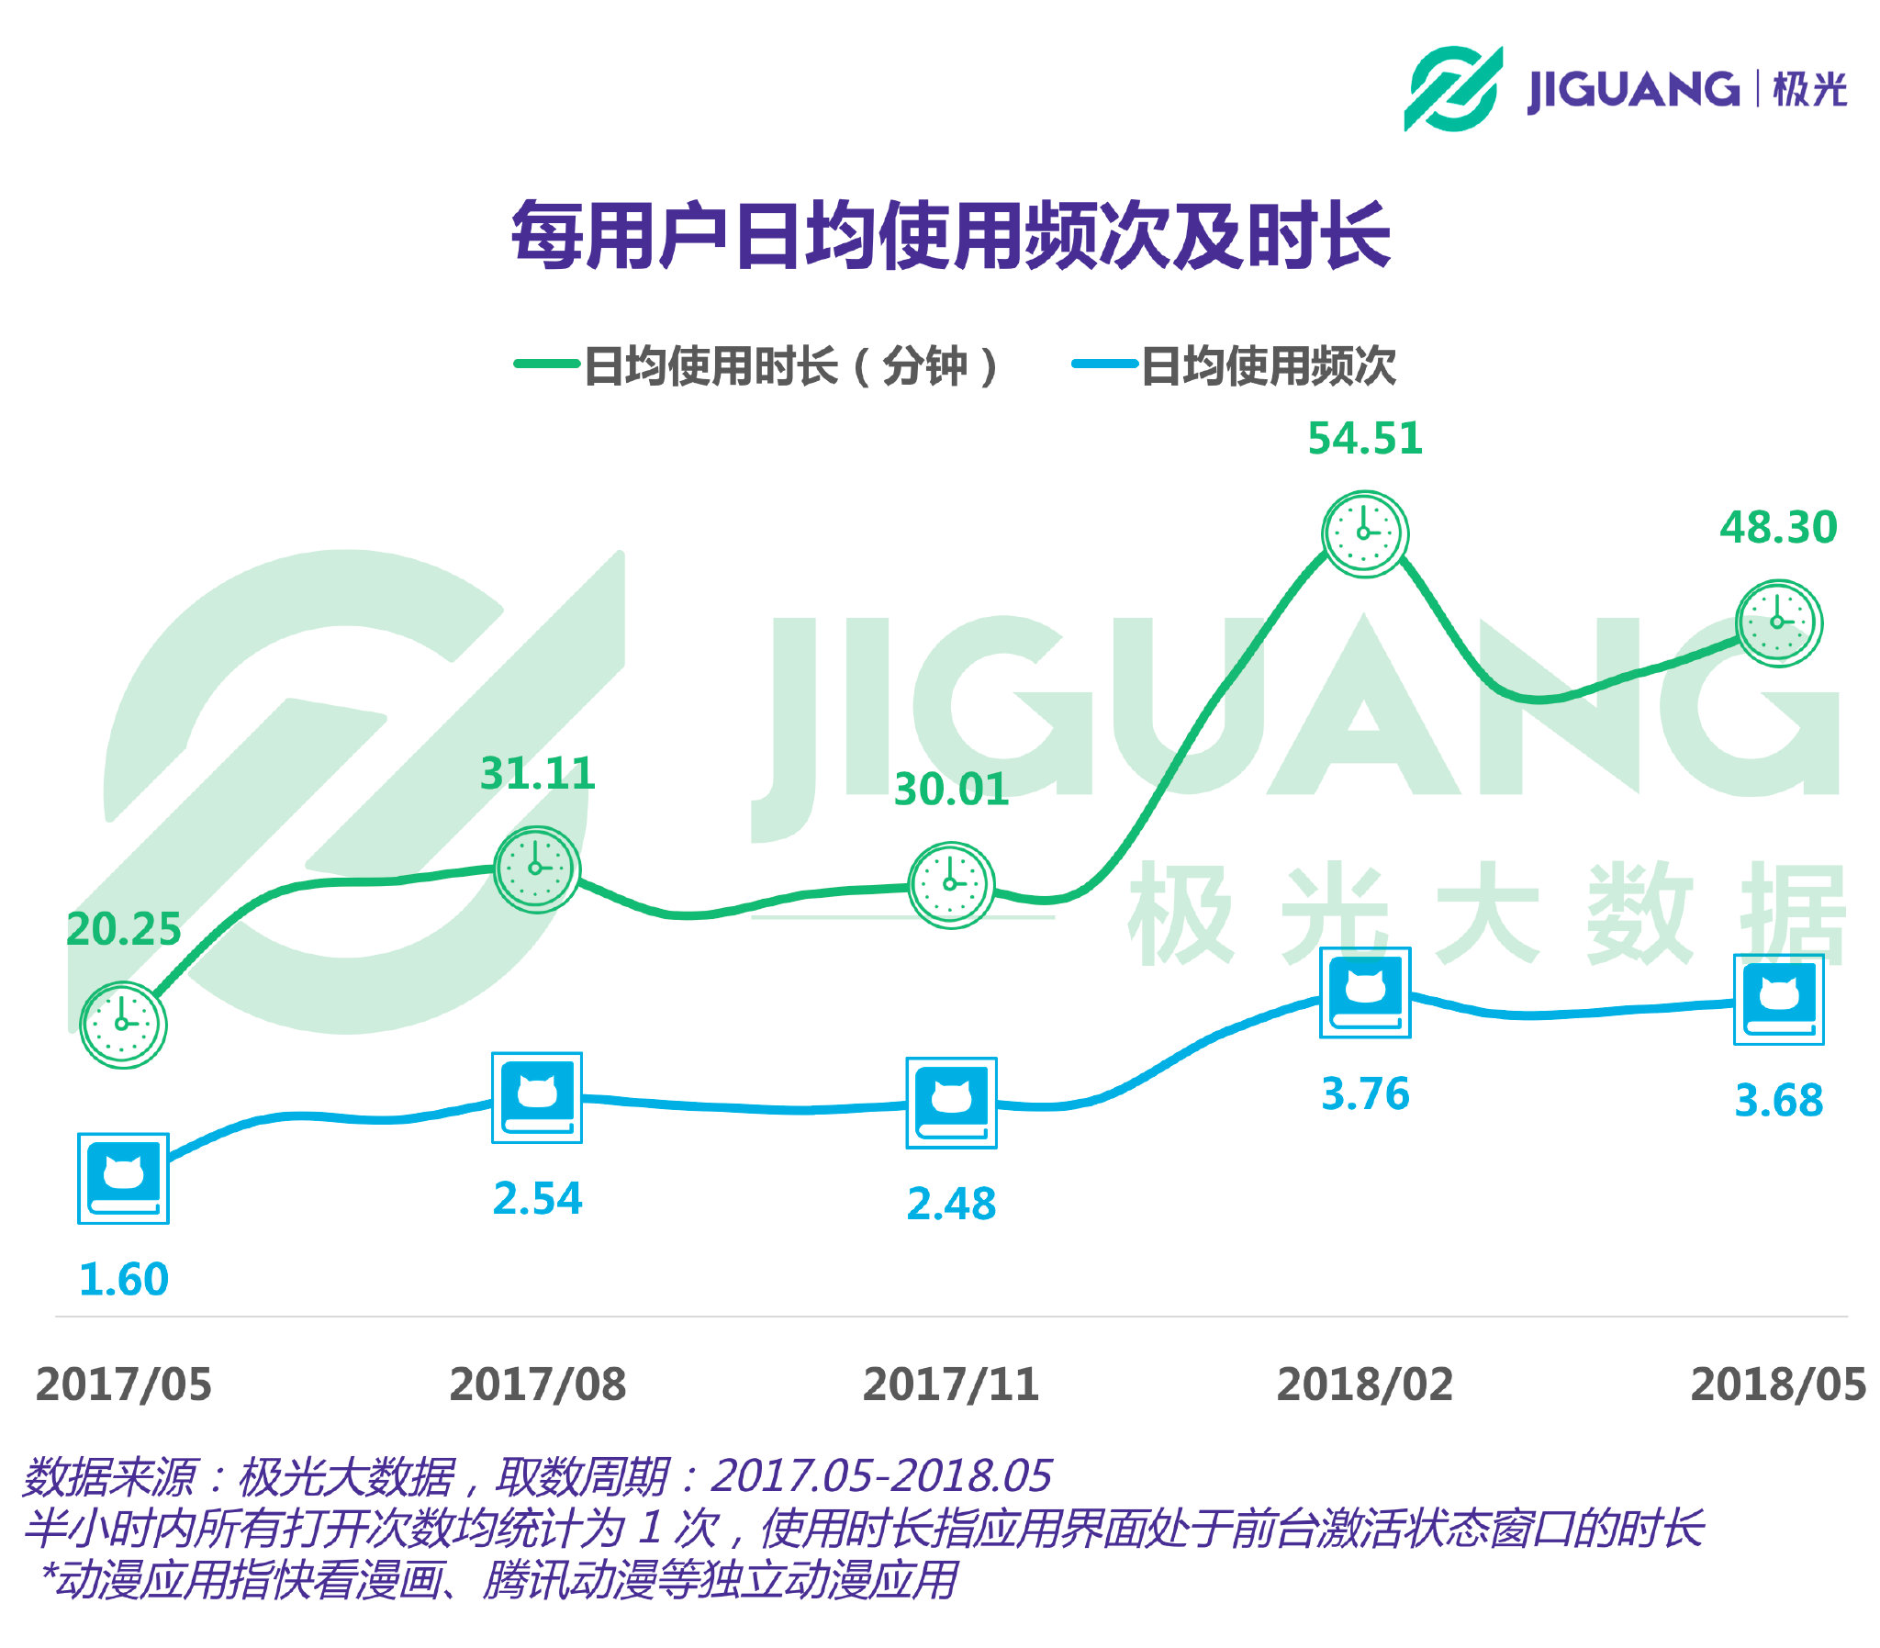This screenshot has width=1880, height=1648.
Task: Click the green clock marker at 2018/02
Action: coord(1364,533)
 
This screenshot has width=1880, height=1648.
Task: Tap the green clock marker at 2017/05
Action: coord(123,1024)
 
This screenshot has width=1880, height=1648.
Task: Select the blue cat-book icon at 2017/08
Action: coord(537,1097)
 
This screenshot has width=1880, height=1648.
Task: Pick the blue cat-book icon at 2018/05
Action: coord(1778,999)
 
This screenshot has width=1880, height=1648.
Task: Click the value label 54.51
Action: coord(1364,438)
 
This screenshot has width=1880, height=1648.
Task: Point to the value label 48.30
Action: coord(1778,527)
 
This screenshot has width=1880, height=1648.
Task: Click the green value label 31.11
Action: coord(537,772)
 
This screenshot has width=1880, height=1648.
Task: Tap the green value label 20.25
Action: coord(123,929)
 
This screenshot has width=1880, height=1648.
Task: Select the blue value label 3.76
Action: coord(1364,1093)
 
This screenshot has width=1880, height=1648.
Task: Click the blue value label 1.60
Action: coord(123,1279)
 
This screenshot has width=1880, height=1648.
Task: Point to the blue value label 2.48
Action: coord(951,1204)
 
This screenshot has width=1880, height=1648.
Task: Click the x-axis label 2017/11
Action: coord(951,1385)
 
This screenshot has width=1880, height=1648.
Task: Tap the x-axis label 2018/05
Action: coord(1778,1385)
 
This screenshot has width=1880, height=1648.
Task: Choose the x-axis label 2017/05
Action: coord(123,1385)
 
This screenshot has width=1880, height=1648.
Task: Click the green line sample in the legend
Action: coord(546,364)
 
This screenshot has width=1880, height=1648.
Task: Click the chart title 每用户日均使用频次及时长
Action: coord(951,235)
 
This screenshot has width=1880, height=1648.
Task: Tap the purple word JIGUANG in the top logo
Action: coord(1632,90)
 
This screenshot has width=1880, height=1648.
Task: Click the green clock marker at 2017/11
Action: coord(951,884)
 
